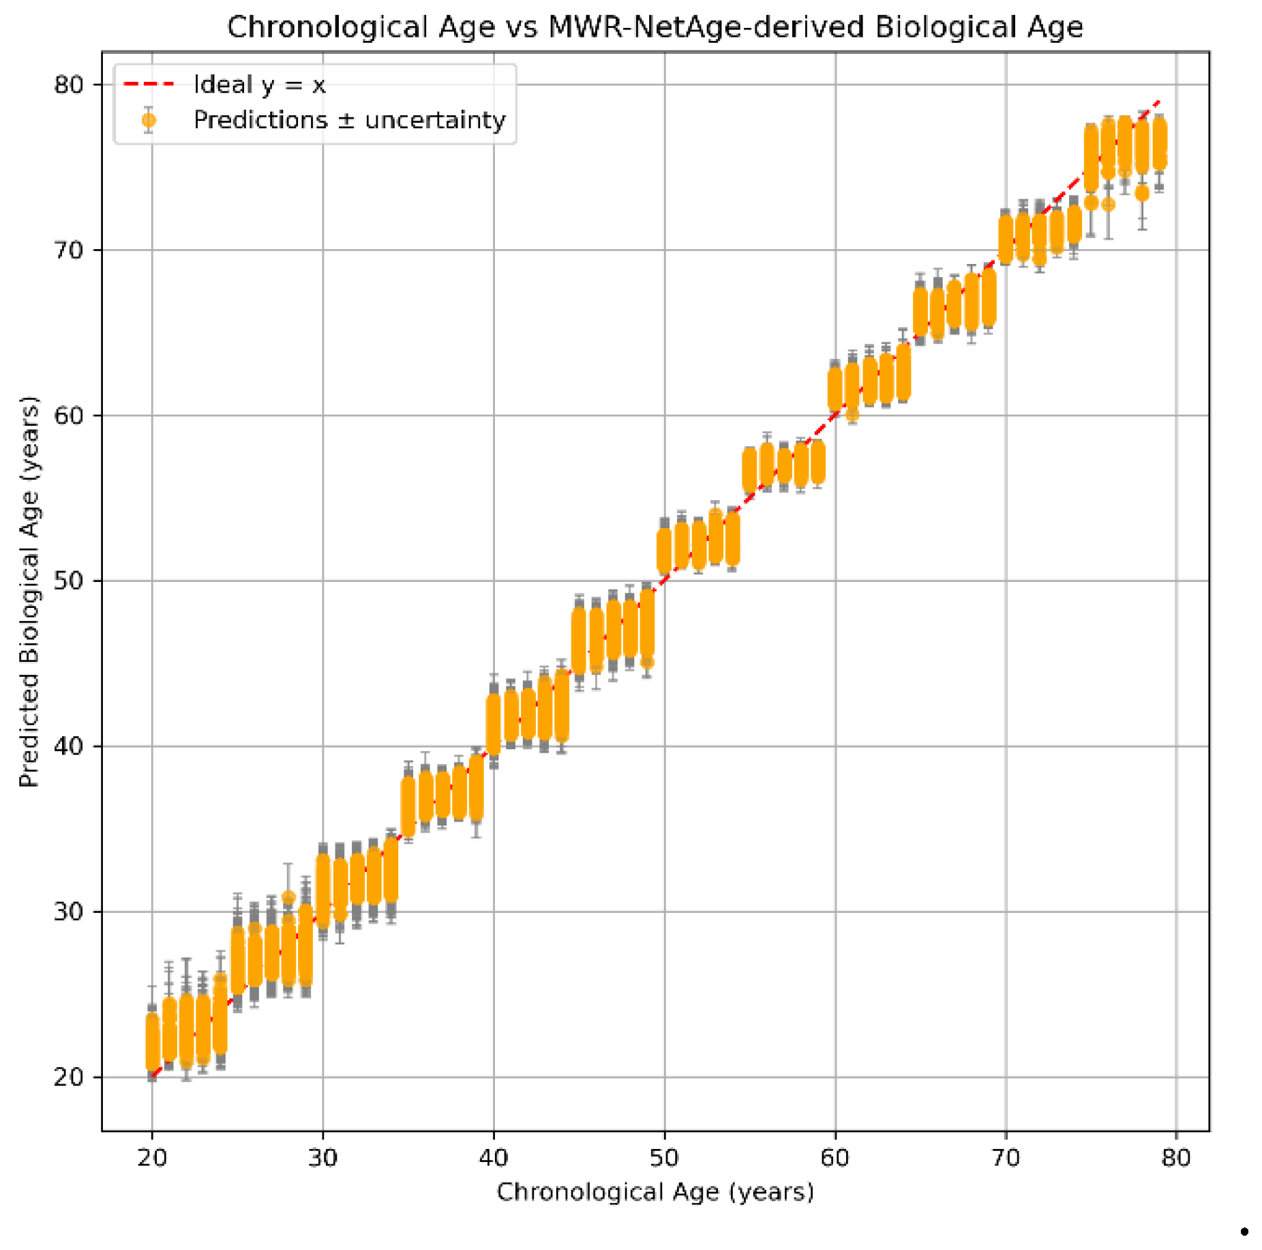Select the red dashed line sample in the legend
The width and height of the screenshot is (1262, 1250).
(x=149, y=85)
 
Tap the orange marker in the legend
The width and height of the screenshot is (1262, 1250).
(x=149, y=121)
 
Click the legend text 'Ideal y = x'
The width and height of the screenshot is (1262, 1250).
(x=259, y=85)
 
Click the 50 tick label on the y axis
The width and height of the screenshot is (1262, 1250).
(x=68, y=581)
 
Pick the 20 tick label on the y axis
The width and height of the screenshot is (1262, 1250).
(x=68, y=1077)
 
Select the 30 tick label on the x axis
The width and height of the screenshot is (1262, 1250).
(x=322, y=1158)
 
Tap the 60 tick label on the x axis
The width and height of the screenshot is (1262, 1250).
(x=835, y=1158)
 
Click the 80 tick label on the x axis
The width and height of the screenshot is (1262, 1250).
(x=1176, y=1158)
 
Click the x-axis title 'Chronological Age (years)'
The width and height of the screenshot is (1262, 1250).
(x=655, y=1192)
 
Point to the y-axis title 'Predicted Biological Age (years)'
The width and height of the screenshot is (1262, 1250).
(x=29, y=591)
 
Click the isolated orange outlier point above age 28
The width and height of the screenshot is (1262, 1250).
(x=288, y=897)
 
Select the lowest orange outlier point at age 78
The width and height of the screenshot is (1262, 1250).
(x=1142, y=194)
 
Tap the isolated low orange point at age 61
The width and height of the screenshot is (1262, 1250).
(x=852, y=414)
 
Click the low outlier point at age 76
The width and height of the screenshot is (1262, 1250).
(x=1109, y=204)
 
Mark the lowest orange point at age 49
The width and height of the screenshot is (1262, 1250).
(x=647, y=662)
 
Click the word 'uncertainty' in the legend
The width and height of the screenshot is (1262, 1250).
(x=435, y=120)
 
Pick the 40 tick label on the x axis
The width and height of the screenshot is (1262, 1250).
(x=494, y=1158)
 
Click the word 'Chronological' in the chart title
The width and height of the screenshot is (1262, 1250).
(x=361, y=27)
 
